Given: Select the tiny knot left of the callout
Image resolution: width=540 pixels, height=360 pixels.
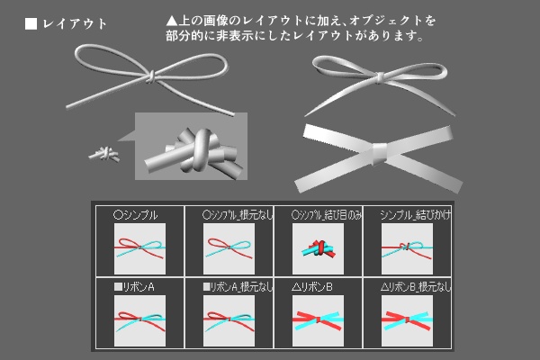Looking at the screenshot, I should [104, 155].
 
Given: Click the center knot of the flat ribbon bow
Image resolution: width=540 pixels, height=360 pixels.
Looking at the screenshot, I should [382, 153].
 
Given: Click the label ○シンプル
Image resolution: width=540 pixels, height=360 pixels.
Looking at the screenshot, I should [136, 216].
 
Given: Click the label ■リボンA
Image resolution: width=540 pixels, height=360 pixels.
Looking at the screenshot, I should [136, 287].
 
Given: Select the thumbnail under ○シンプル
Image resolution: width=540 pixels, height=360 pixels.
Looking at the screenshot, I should [139, 247].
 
